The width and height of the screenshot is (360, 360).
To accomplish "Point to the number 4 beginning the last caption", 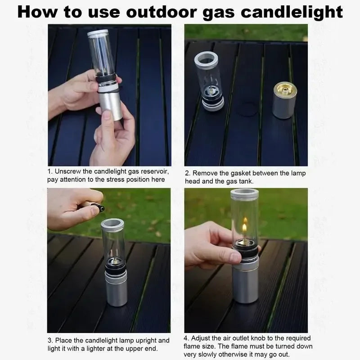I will (186, 338).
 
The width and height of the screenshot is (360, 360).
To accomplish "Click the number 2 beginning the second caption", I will (186, 173).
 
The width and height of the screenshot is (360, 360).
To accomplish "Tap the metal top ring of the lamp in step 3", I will (112, 224).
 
